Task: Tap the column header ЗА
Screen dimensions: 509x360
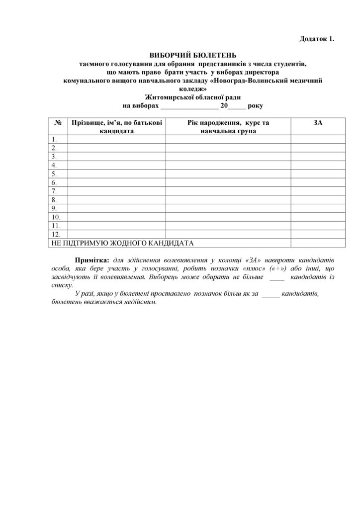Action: click(x=318, y=123)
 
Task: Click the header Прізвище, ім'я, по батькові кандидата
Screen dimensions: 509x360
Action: click(x=116, y=127)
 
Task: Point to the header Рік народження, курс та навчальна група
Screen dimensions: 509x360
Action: click(x=228, y=127)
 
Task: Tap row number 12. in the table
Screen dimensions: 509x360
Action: click(x=55, y=234)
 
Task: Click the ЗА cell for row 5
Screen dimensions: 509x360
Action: click(x=318, y=173)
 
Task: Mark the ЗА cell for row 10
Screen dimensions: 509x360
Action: click(x=318, y=217)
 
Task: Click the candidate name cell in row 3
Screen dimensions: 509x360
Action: click(x=116, y=157)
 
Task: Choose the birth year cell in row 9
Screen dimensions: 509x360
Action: click(x=228, y=208)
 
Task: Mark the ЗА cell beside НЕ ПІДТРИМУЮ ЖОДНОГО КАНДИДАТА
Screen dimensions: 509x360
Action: click(x=318, y=243)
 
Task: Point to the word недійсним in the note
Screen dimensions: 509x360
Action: click(x=140, y=302)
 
